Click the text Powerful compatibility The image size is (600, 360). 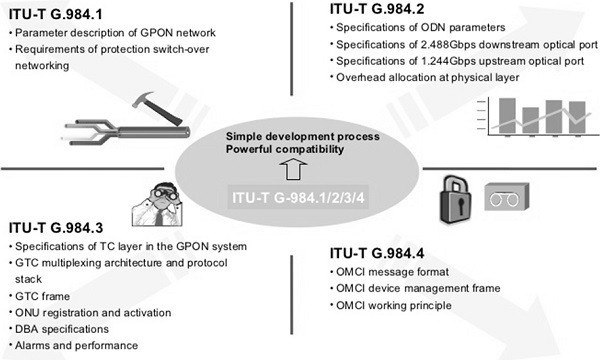pos(285,149)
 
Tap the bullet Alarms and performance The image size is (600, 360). pos(73,344)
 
